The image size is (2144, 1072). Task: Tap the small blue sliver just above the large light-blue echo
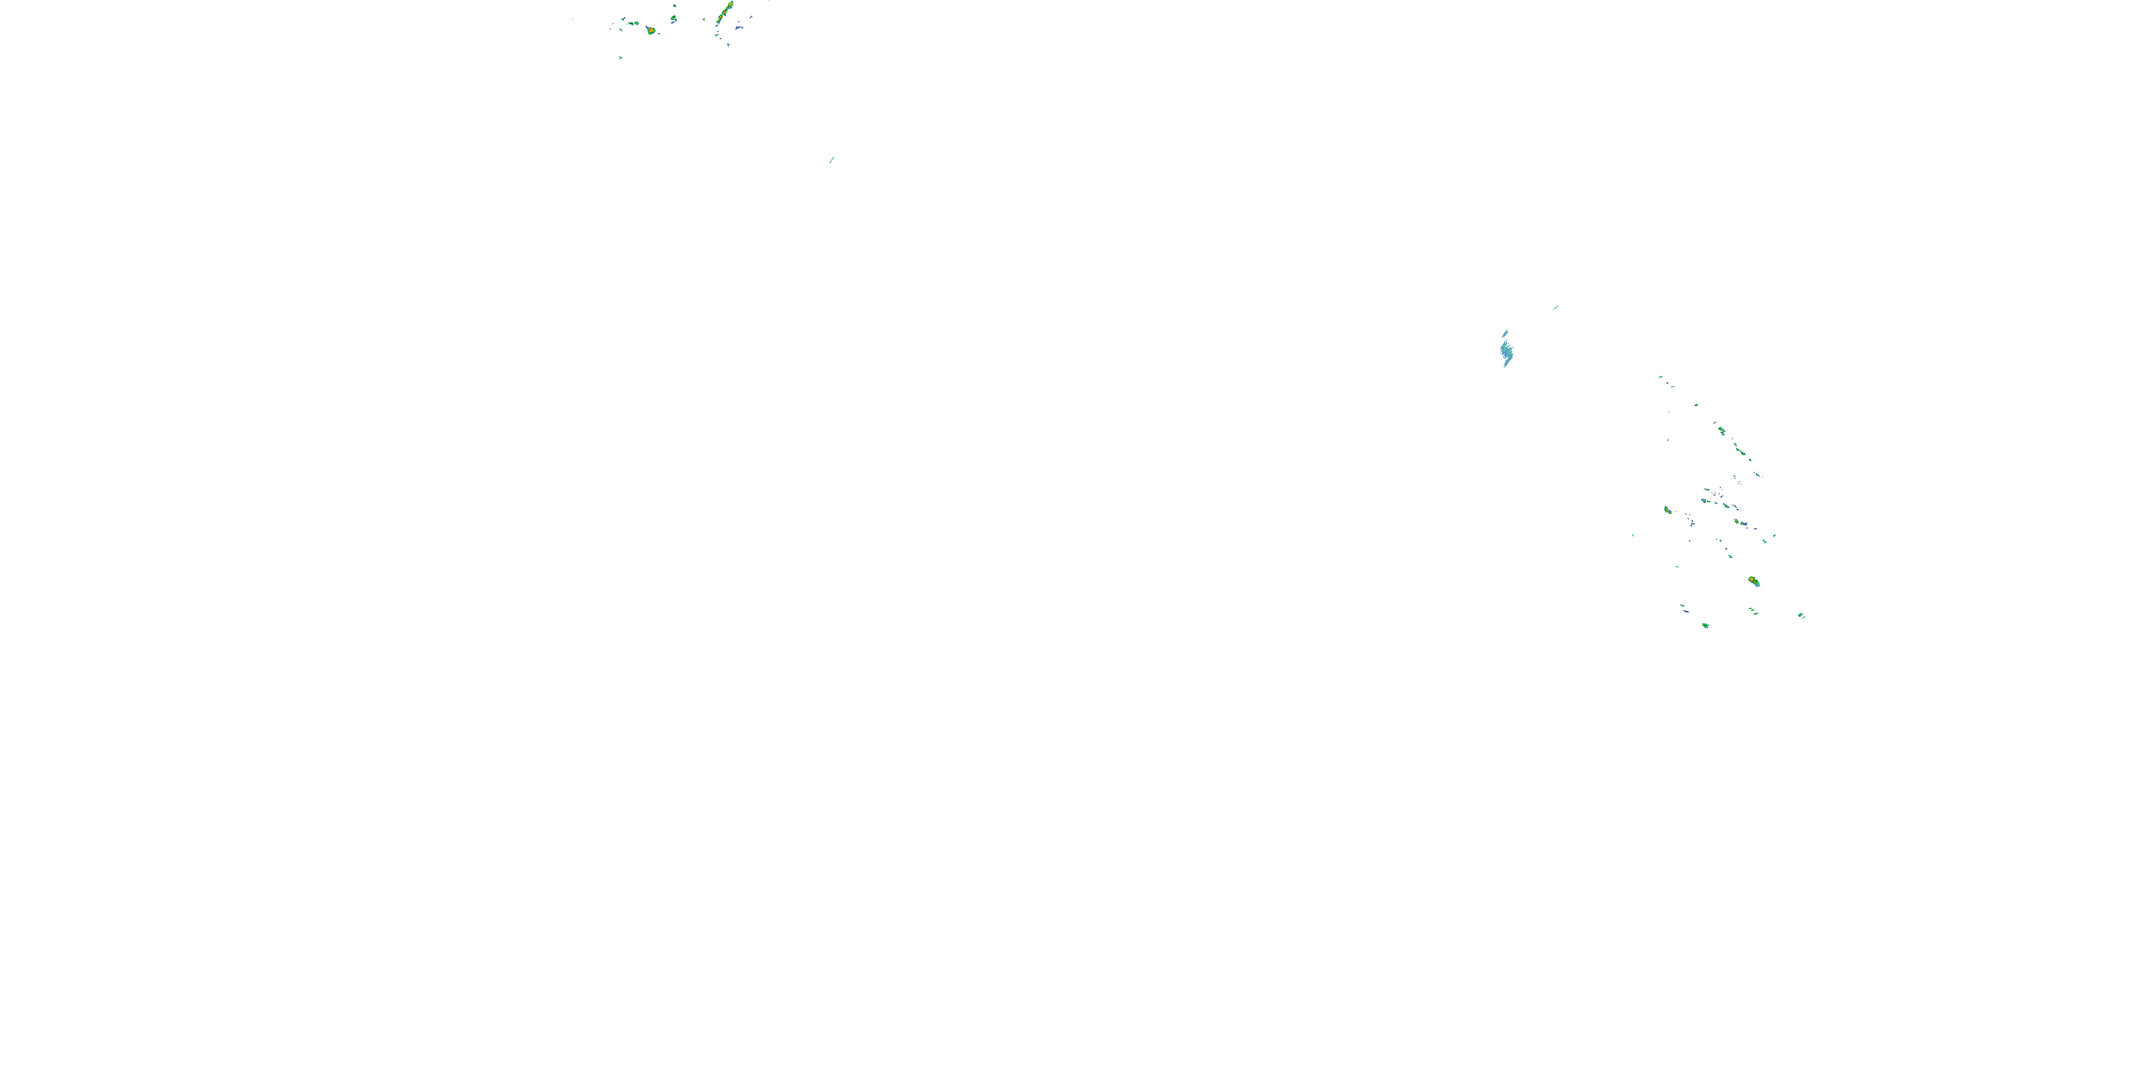point(1505,333)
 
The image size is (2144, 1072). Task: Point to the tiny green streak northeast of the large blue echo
point(1556,307)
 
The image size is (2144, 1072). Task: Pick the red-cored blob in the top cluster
point(651,30)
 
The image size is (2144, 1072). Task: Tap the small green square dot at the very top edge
point(674,5)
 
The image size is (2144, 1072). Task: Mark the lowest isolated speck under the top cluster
point(621,57)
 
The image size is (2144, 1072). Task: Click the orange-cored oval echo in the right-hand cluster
point(1754,581)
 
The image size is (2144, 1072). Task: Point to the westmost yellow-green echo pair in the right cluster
point(1667,510)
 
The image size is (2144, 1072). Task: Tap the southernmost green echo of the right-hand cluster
point(1705,625)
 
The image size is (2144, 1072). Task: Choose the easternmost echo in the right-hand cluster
point(1801,616)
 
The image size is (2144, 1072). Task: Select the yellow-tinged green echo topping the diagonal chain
point(1721,430)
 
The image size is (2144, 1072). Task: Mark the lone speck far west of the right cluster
point(1633,535)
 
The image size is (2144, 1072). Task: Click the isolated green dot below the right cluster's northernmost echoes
point(1696,405)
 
